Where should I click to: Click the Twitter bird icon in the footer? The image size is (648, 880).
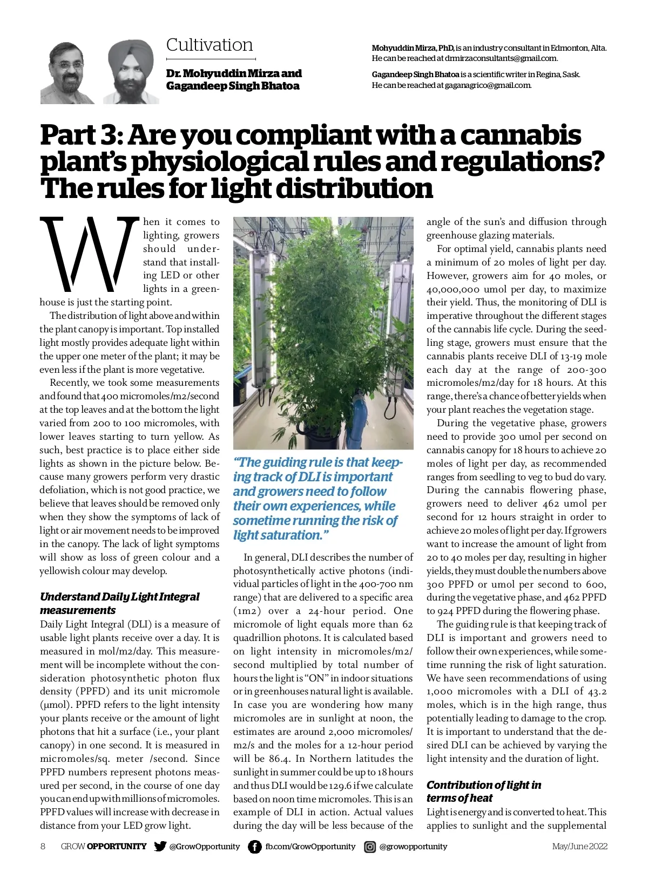coord(160,846)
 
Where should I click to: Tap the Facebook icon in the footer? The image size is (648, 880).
coord(254,847)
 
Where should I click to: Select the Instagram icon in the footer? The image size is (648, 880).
coord(370,847)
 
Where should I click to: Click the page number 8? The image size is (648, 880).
coord(43,847)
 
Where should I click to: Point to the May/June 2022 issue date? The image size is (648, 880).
coord(579,847)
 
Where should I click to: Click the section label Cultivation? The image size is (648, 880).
coord(210,45)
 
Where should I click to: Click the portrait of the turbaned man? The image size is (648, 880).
coord(131,73)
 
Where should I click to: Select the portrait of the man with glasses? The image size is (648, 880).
coord(67,73)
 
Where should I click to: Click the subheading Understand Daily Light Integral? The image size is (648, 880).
coord(119,597)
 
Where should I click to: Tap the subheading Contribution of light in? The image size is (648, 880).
coord(484,785)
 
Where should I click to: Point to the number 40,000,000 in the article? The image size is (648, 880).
coord(457,289)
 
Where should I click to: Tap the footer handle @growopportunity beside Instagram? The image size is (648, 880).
coord(413,847)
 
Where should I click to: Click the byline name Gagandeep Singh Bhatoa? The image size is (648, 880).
coord(233,86)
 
